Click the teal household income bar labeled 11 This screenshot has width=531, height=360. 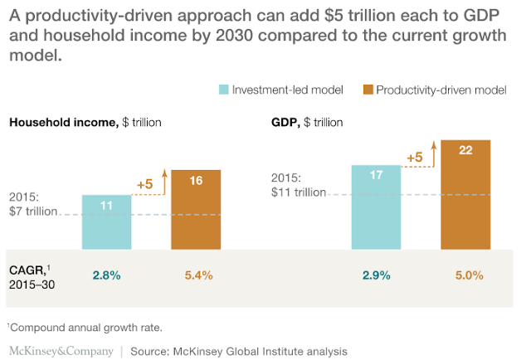[x=107, y=222]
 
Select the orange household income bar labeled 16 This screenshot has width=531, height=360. [x=196, y=209]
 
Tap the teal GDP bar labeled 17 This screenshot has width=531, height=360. [x=376, y=207]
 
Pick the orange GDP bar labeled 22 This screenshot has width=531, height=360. [x=465, y=194]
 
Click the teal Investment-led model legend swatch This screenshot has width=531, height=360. [x=223, y=90]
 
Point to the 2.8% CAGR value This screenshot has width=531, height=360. [x=107, y=275]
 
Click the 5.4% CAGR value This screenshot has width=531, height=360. [x=197, y=275]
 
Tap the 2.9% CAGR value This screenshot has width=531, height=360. [x=376, y=275]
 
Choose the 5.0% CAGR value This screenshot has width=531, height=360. [x=465, y=275]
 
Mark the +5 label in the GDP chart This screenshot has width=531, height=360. [x=414, y=156]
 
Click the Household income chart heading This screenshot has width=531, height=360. [x=85, y=123]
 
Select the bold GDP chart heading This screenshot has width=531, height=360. [x=285, y=123]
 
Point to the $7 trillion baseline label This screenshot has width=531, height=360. [x=33, y=212]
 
